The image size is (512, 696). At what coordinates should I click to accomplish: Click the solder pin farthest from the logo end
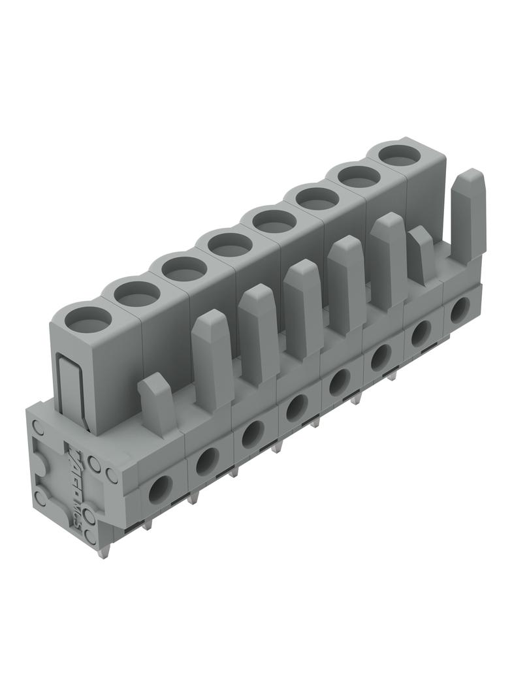click(x=392, y=376)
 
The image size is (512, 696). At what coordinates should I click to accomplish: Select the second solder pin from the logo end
click(x=147, y=522)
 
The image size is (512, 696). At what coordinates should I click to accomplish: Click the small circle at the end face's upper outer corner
click(x=39, y=428)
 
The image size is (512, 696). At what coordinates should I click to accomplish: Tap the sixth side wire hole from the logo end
click(x=381, y=356)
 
